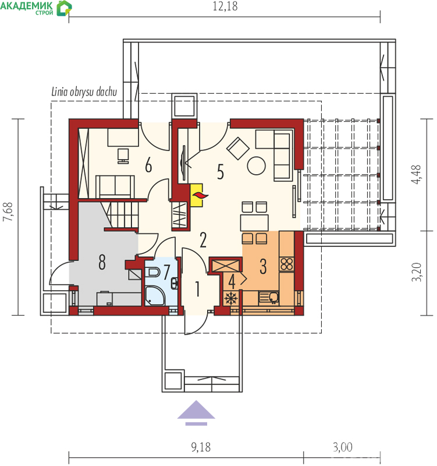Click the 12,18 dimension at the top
coord(225,6)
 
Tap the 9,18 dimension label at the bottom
coord(201,447)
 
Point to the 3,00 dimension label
coord(343,447)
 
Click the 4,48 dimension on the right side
coord(417,174)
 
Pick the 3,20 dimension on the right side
coord(417,272)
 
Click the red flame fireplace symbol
coord(200,195)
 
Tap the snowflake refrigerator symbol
coord(231,298)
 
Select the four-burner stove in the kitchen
coord(286,264)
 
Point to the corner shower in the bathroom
coord(154,296)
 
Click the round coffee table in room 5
coord(256,166)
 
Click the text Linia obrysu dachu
coord(84,92)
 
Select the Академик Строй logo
coord(36,8)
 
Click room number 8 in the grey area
coord(102,262)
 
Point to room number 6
coord(148,165)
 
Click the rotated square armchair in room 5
coord(237,149)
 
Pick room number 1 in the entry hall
coord(197,289)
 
